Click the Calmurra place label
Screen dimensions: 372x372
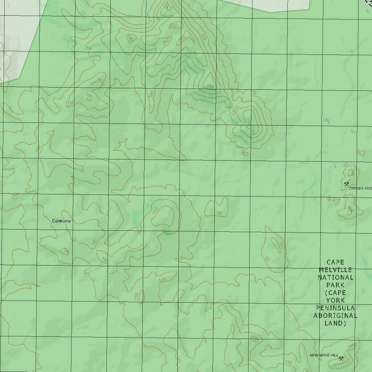click(61, 221)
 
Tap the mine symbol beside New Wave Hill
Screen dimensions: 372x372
click(341, 359)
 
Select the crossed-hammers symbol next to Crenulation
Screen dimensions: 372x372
click(346, 184)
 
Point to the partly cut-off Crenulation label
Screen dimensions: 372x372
click(360, 189)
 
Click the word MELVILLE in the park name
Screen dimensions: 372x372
click(335, 270)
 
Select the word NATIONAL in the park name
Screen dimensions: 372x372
click(335, 277)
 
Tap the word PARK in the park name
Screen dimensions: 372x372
click(335, 285)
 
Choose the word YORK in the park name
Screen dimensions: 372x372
click(335, 300)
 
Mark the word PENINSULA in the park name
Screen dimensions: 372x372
click(335, 308)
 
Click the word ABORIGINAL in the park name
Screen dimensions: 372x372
click(335, 315)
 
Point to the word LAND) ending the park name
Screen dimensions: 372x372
click(335, 323)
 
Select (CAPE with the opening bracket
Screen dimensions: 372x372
click(335, 292)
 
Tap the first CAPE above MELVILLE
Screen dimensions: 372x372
click(335, 262)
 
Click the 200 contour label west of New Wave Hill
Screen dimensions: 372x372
click(254, 338)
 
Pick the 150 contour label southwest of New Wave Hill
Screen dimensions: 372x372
click(288, 363)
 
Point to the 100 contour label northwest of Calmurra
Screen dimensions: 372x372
click(15, 195)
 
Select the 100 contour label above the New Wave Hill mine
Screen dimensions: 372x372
click(351, 346)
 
